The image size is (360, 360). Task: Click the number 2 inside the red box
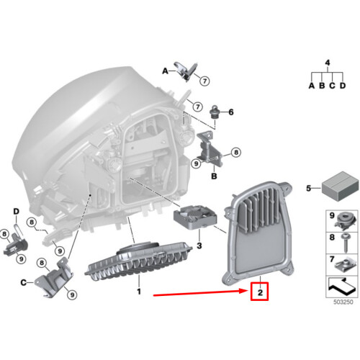260,292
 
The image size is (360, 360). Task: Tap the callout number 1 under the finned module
139,292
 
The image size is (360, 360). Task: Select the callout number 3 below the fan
199,246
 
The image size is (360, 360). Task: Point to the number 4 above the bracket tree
328,63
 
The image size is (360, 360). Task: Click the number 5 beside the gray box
309,188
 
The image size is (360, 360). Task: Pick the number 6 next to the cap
231,112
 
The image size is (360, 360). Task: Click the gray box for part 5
341,186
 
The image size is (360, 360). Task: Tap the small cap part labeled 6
214,112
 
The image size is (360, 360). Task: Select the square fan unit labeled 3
195,217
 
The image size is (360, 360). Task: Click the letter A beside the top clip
166,71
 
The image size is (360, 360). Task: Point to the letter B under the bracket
214,176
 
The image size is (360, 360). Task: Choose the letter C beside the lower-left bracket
23,282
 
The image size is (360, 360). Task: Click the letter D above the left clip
16,212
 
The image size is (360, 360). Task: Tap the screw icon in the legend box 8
346,243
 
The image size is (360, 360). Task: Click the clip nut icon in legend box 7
345,265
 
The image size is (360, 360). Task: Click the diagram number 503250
343,302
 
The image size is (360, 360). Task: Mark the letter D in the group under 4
343,86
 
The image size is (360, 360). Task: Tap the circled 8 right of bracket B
236,152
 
